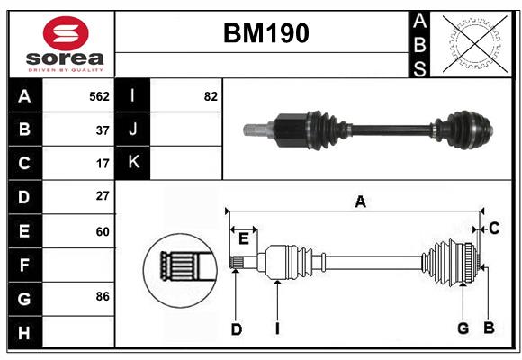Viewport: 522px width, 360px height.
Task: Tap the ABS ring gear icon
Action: (x=473, y=43)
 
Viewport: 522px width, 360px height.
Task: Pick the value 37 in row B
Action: (x=103, y=130)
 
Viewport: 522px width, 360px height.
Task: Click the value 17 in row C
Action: (x=103, y=164)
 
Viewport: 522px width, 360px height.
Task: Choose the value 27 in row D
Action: (x=103, y=196)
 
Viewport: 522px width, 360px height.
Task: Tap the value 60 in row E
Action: (x=103, y=231)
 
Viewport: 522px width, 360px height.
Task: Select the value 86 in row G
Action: (x=103, y=296)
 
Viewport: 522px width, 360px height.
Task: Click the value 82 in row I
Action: (x=211, y=96)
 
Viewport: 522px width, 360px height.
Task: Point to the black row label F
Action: (x=24, y=265)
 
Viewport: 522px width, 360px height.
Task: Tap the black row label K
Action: (x=133, y=163)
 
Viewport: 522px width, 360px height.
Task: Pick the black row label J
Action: (x=133, y=130)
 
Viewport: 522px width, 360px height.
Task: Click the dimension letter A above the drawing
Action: (x=360, y=202)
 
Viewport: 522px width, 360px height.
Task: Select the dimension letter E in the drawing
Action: (x=243, y=238)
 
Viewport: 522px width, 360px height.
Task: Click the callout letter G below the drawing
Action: (x=463, y=328)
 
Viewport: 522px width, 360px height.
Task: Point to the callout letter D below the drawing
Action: (x=236, y=329)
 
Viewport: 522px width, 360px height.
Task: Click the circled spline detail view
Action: (x=179, y=266)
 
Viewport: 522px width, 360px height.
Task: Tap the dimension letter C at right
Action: (x=494, y=229)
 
